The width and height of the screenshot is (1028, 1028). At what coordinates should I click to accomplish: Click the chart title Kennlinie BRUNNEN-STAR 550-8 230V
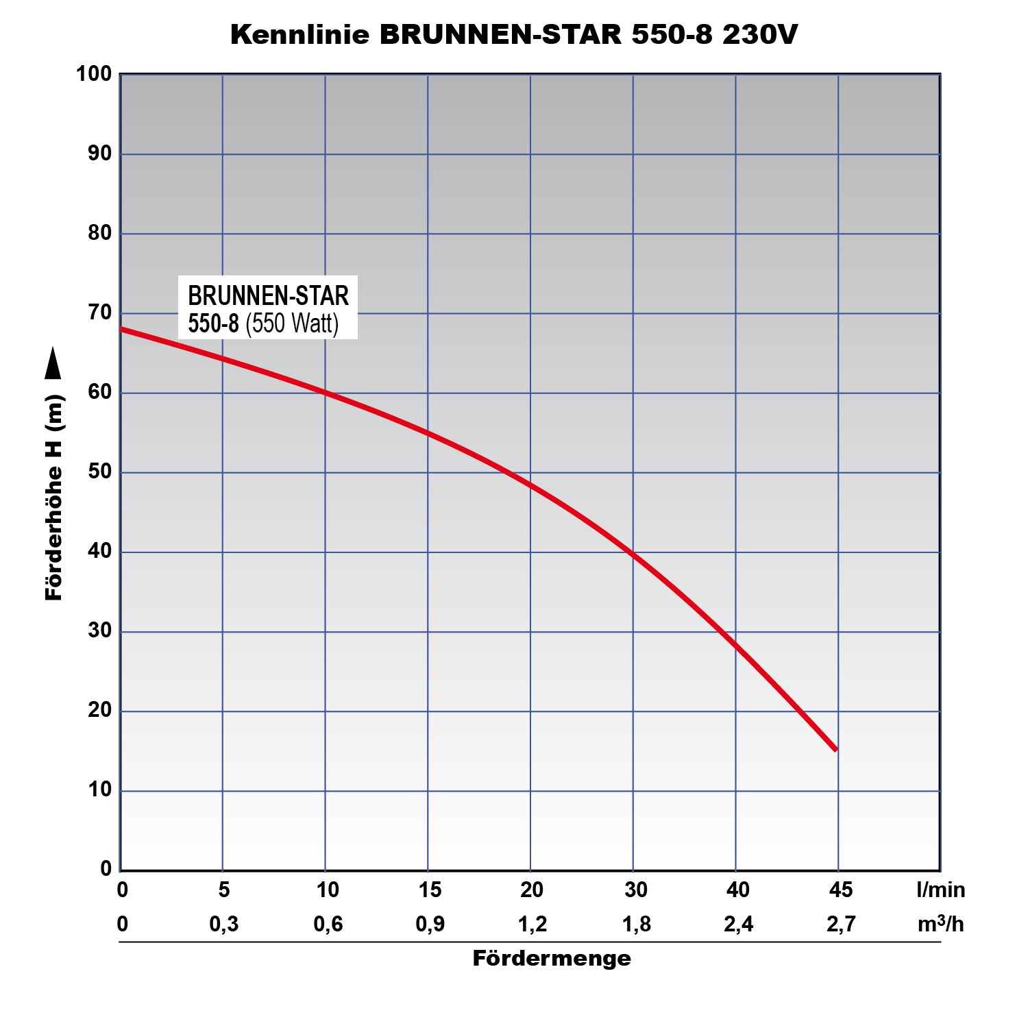click(514, 34)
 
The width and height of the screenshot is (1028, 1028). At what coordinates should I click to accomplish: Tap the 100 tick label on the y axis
click(94, 74)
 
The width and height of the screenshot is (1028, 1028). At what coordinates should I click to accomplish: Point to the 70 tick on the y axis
click(99, 313)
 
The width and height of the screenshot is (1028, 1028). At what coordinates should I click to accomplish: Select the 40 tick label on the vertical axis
click(99, 552)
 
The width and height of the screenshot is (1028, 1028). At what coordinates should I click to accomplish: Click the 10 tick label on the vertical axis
click(99, 790)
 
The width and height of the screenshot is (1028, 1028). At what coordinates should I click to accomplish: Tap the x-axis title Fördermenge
click(552, 958)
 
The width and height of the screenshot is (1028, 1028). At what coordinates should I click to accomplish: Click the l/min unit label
click(940, 890)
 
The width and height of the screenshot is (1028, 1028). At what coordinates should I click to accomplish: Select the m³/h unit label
click(940, 925)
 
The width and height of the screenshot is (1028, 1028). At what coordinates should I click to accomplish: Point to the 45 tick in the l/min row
click(841, 890)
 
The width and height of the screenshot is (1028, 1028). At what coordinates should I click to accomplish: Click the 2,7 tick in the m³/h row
click(841, 925)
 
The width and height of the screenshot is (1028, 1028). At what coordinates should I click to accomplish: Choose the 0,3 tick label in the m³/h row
click(224, 925)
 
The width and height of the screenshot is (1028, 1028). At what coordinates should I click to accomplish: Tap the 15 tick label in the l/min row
click(430, 890)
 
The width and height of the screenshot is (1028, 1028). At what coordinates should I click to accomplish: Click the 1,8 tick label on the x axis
click(636, 925)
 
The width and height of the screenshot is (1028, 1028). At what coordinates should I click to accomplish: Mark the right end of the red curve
click(835, 749)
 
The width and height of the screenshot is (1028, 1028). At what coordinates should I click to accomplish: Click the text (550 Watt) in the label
click(292, 323)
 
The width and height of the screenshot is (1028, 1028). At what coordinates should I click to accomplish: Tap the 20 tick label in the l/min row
click(532, 890)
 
